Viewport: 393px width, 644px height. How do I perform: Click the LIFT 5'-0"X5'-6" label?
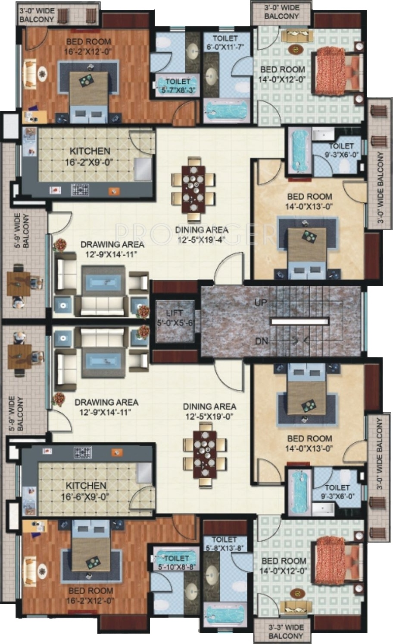pyautogui.click(x=175, y=318)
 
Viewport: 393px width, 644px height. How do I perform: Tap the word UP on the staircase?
pyautogui.click(x=260, y=303)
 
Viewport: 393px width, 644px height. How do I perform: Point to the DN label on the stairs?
pyautogui.click(x=262, y=341)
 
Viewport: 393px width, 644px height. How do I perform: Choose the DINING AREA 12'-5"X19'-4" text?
pyautogui.click(x=202, y=234)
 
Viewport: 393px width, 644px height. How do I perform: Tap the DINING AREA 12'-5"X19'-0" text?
pyautogui.click(x=209, y=411)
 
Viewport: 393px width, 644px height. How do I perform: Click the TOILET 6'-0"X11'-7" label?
pyautogui.click(x=225, y=43)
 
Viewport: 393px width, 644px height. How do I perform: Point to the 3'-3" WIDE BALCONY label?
pyautogui.click(x=286, y=631)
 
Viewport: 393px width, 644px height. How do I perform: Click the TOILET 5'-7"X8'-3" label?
pyautogui.click(x=178, y=85)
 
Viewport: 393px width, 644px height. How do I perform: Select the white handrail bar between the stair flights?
pyautogui.click(x=299, y=322)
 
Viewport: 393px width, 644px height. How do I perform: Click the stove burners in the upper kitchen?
pyautogui.click(x=80, y=190)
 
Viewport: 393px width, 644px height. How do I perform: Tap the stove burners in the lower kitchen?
pyautogui.click(x=83, y=452)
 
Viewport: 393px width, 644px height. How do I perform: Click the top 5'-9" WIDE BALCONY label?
pyautogui.click(x=22, y=230)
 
